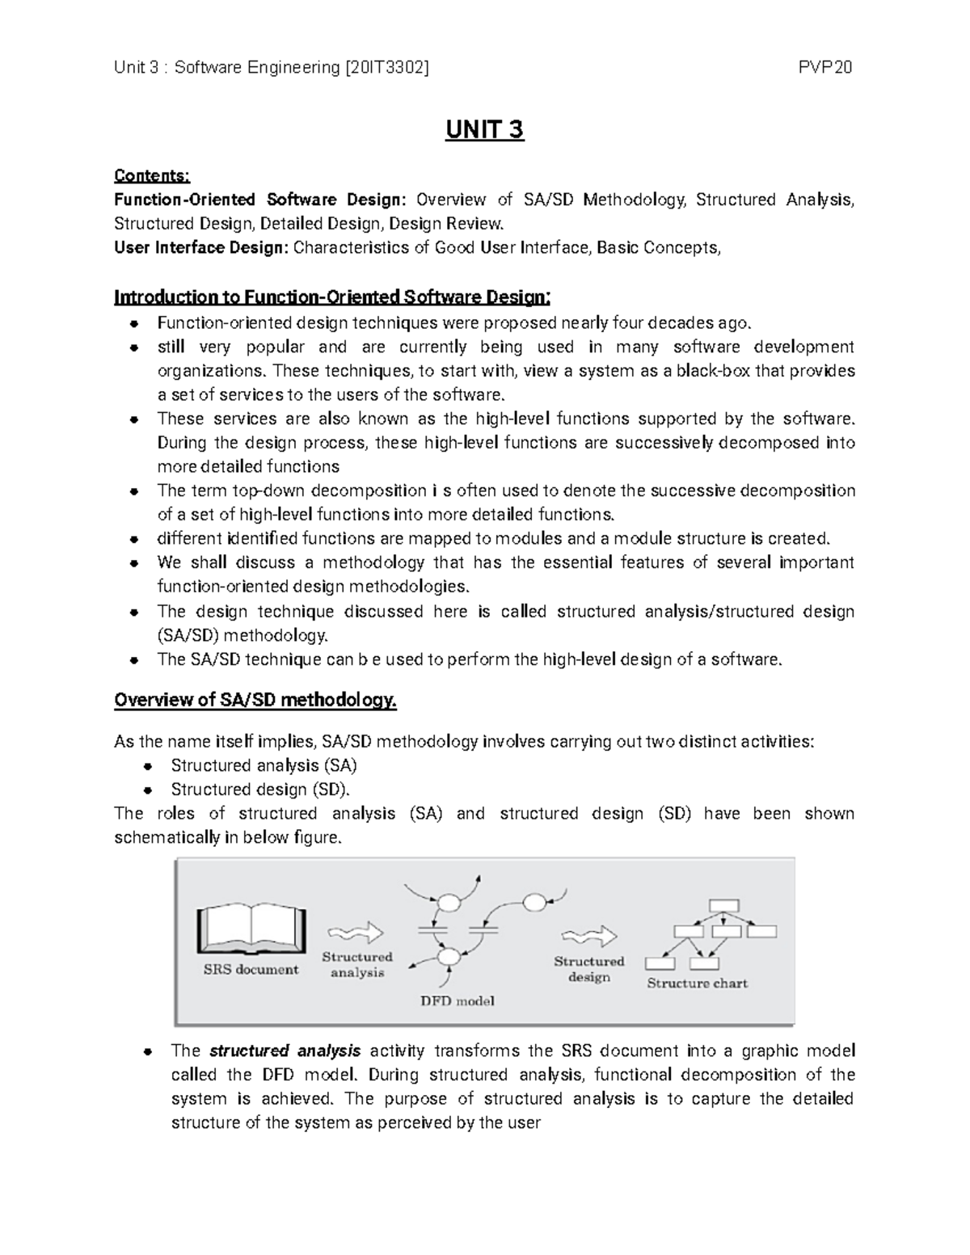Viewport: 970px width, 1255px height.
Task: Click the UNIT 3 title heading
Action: tap(484, 129)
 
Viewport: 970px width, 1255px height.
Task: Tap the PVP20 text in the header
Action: tap(825, 68)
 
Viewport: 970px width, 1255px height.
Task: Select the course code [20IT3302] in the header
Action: tap(386, 68)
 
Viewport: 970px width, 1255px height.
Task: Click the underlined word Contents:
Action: tap(152, 175)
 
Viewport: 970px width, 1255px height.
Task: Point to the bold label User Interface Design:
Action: tap(200, 247)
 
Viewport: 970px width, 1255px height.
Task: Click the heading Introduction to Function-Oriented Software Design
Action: tap(331, 297)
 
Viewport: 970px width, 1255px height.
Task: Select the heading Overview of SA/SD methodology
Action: tap(255, 700)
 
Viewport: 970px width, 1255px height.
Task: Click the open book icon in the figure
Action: tap(251, 930)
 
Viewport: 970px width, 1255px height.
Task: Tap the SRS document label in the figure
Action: tap(251, 970)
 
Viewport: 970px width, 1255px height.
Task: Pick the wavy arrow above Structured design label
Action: tap(589, 937)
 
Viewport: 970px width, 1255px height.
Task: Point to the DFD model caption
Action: tap(458, 1000)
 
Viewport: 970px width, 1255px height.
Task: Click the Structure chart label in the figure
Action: tap(697, 983)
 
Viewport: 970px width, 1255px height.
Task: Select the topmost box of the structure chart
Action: tap(723, 906)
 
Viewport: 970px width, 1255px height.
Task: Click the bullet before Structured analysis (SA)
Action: tap(147, 766)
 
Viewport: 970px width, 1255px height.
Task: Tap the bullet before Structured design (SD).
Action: tap(147, 790)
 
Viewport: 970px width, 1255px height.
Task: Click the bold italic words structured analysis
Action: tap(285, 1051)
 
